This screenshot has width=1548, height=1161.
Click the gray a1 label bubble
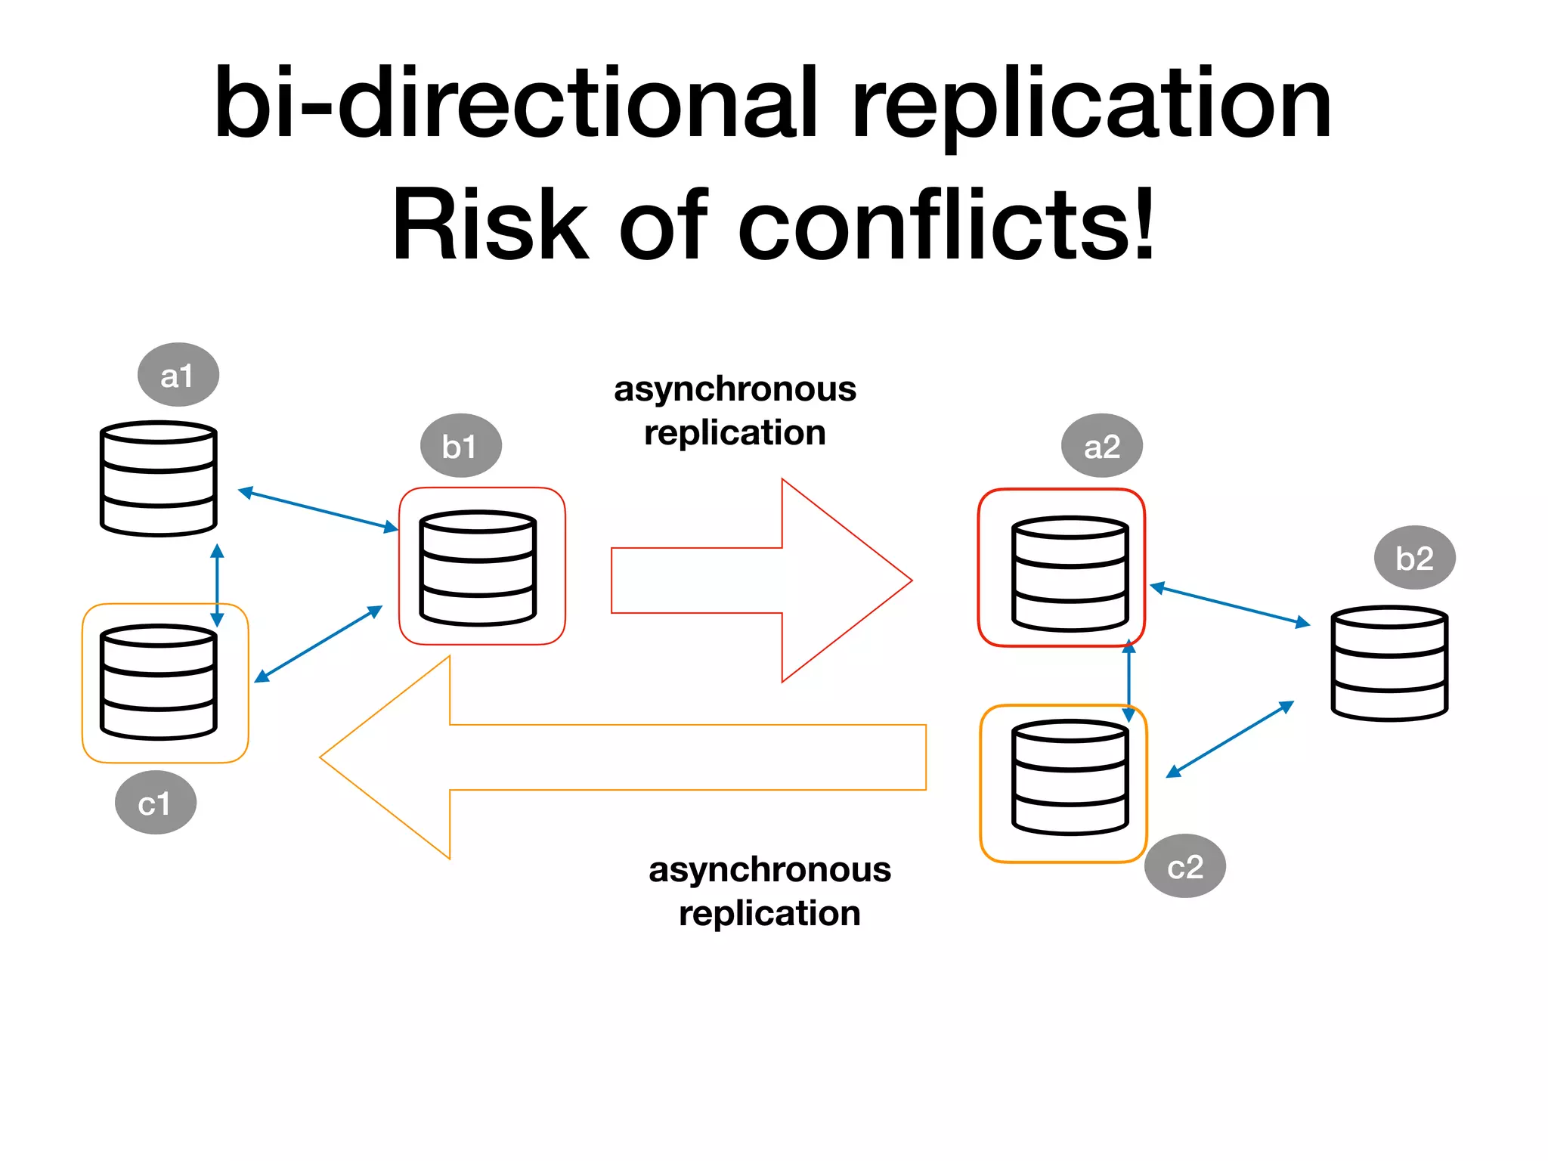coord(178,375)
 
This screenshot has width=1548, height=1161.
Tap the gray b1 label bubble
coord(460,446)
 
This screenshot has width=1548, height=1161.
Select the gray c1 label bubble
coord(156,803)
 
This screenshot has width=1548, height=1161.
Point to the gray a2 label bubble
coord(1101,446)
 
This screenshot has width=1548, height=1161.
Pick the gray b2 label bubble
coord(1414,558)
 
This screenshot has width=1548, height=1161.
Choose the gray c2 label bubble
coord(1184,866)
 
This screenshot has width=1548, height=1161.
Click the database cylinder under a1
coord(159,478)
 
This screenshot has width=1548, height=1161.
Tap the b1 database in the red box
coord(478,568)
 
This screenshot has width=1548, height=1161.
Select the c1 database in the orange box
coord(159,682)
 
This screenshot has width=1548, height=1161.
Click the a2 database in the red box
coord(1070,574)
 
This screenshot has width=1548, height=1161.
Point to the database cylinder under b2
coord(1389,663)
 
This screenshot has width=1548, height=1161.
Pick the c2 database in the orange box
coord(1070,778)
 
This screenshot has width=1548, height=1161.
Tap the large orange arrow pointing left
coord(620,757)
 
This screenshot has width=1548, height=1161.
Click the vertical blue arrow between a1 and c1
coord(217,586)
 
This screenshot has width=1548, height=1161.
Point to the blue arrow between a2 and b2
coord(1230,605)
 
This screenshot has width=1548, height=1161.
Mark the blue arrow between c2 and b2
coord(1230,738)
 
